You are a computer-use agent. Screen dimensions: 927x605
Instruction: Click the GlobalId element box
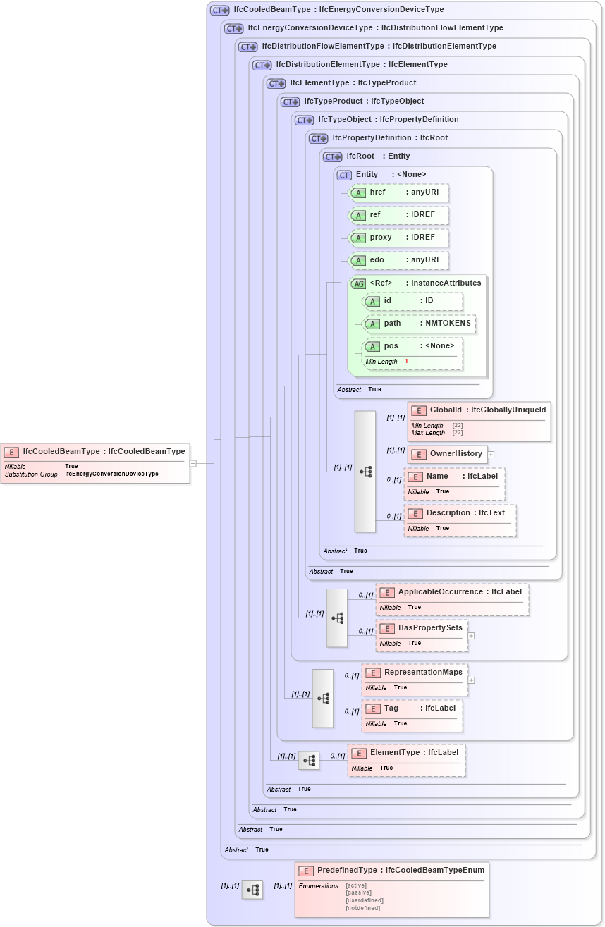pyautogui.click(x=479, y=421)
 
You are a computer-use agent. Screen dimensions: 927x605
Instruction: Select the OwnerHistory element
pyautogui.click(x=448, y=454)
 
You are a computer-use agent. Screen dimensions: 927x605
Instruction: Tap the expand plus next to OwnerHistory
pyautogui.click(x=491, y=455)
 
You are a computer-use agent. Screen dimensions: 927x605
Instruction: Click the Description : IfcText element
pyautogui.click(x=460, y=520)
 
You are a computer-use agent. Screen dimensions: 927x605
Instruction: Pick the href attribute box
pyautogui.click(x=399, y=192)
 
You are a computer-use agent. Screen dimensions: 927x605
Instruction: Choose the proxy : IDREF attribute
pyautogui.click(x=399, y=238)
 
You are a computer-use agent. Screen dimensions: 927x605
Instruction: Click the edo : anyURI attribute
pyautogui.click(x=399, y=260)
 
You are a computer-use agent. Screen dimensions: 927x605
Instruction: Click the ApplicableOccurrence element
pyautogui.click(x=452, y=599)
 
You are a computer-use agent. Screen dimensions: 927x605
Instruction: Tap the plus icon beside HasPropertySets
pyautogui.click(x=471, y=636)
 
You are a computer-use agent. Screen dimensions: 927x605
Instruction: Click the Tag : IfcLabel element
pyautogui.click(x=412, y=716)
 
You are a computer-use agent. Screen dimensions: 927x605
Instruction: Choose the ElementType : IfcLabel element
pyautogui.click(x=406, y=760)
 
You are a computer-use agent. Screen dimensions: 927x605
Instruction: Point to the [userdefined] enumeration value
pyautogui.click(x=365, y=900)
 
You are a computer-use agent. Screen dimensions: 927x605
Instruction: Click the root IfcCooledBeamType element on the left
pyautogui.click(x=95, y=462)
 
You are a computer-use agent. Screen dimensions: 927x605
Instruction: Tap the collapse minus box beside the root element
pyautogui.click(x=193, y=463)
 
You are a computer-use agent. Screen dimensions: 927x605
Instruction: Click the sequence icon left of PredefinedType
pyautogui.click(x=252, y=890)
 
